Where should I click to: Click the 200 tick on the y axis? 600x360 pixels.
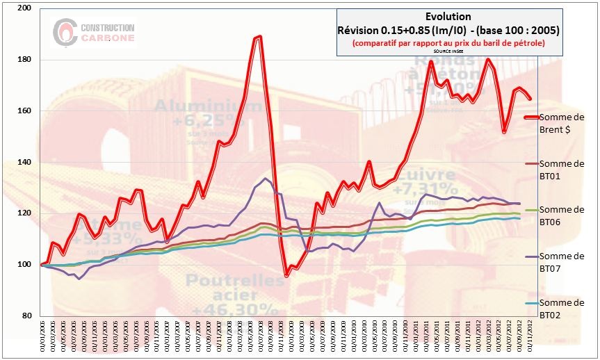tap(27, 8)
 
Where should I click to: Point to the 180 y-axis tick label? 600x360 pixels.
tap(27, 60)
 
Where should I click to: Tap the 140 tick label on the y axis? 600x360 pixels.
tap(27, 163)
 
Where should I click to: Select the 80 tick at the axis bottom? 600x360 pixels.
tap(29, 316)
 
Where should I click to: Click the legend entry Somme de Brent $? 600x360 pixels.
tap(561, 122)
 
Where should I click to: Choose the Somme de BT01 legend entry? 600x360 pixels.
tap(561, 169)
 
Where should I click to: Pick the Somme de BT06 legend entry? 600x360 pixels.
tap(561, 215)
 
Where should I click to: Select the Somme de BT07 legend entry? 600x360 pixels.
tap(561, 263)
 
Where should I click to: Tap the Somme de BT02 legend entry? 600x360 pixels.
tap(561, 308)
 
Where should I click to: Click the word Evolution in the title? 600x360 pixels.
tap(447, 17)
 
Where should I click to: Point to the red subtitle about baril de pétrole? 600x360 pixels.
tap(447, 42)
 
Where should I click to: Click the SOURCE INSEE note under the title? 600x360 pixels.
tap(447, 51)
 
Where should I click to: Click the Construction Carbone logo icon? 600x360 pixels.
tap(65, 30)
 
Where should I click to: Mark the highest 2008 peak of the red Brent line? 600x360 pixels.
tap(259, 37)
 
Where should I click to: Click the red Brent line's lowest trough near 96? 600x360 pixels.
tap(286, 275)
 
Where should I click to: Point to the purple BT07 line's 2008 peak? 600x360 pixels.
tap(265, 179)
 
